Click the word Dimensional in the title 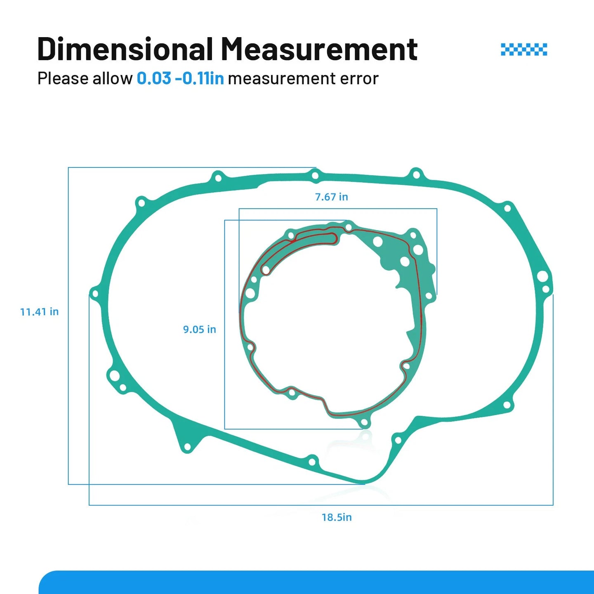tap(125, 48)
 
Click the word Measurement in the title tap(319, 48)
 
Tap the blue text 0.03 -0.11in tap(180, 78)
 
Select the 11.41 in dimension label tap(40, 311)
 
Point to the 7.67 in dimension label tap(331, 197)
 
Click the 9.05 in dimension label tap(199, 329)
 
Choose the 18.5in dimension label tap(337, 517)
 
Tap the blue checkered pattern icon tap(524, 49)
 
